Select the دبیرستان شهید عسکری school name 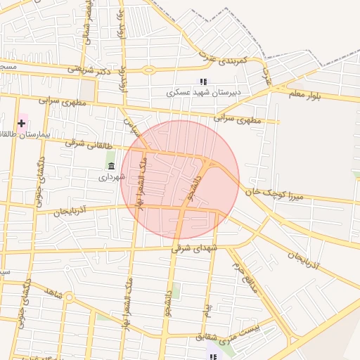pos(203,92)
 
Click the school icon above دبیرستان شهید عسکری pos(203,82)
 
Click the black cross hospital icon pos(22,123)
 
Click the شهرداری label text pos(111,177)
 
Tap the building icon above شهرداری pos(111,166)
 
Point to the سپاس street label pos(133,128)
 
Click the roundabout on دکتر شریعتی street pos(148,70)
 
